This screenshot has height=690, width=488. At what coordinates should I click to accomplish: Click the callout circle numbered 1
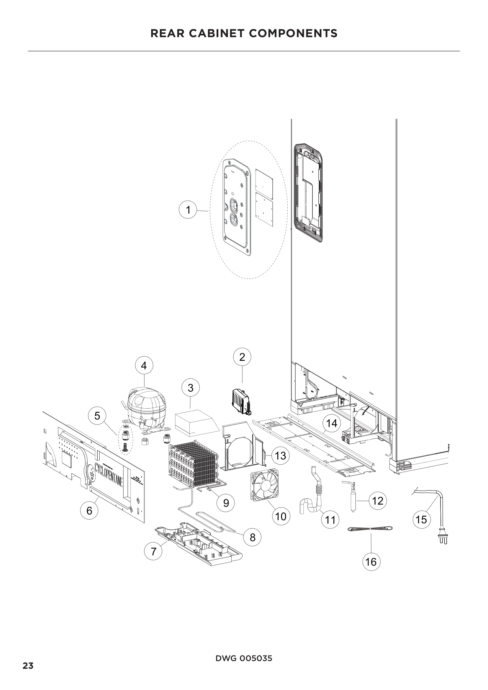tap(188, 209)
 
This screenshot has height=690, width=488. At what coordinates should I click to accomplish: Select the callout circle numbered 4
tap(144, 366)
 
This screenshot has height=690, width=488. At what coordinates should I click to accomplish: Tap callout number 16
tap(371, 562)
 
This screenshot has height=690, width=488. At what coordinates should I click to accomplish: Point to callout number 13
tap(280, 455)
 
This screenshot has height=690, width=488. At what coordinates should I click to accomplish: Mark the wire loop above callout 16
tap(370, 529)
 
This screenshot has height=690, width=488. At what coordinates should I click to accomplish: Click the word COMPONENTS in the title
tap(293, 33)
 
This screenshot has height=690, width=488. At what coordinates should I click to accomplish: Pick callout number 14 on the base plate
tap(332, 423)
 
